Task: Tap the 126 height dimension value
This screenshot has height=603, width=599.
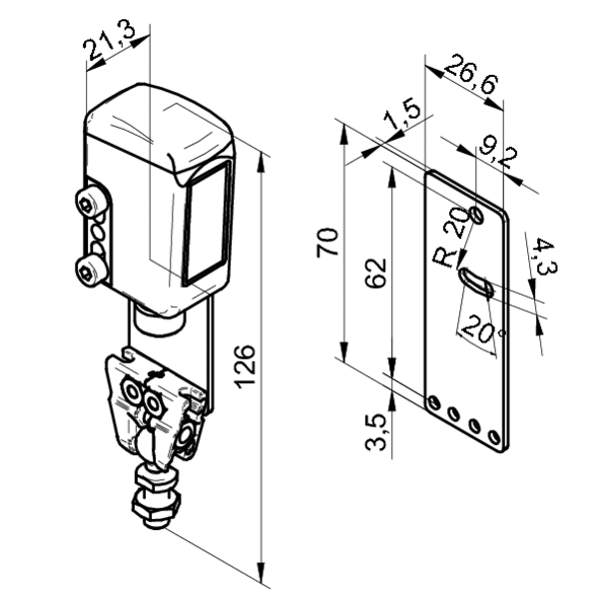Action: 245,366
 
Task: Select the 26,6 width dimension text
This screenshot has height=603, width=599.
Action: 471,75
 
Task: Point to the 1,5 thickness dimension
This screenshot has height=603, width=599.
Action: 402,114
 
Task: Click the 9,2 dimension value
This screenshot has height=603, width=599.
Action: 498,154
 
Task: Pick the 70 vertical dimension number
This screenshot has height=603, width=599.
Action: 327,243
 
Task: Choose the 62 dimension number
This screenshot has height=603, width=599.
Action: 374,273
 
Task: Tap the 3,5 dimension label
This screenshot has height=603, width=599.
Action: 375,431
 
